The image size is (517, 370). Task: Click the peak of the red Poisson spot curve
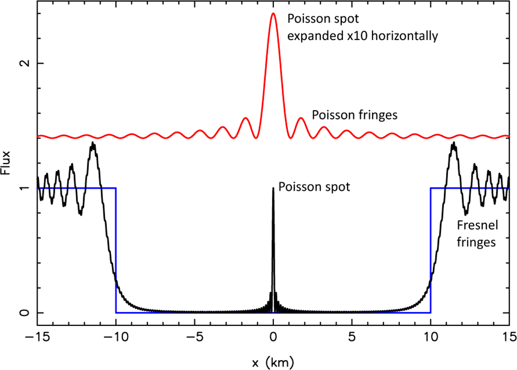(x=273, y=13)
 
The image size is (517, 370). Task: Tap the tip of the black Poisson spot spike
(x=273, y=188)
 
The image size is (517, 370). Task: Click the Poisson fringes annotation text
(x=354, y=115)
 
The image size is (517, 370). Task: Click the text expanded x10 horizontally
(x=363, y=36)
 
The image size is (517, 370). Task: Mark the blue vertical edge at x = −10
(x=115, y=250)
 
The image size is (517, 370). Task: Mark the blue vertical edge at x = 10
(x=431, y=250)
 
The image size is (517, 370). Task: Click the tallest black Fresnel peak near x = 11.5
(x=453, y=144)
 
